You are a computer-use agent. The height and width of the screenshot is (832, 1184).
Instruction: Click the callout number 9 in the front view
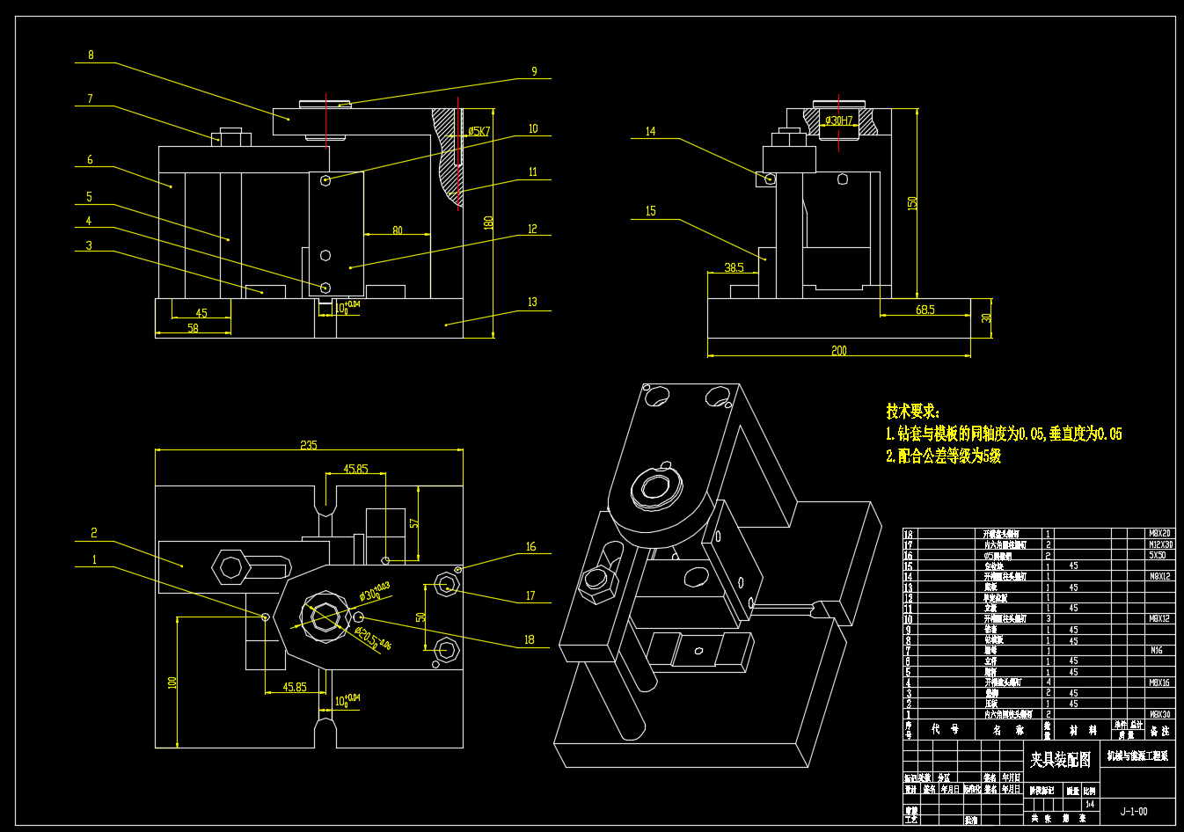coord(534,72)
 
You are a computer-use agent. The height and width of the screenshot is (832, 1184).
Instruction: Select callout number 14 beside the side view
coord(650,132)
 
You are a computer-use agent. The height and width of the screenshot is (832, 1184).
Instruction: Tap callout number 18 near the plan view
coord(530,639)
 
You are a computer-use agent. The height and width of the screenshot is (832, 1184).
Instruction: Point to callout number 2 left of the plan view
coord(94,533)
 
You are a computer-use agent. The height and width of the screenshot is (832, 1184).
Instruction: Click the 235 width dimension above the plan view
coord(308,445)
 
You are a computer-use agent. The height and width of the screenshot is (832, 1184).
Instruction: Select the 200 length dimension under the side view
coord(838,351)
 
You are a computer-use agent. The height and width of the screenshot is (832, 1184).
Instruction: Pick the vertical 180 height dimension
coord(488,222)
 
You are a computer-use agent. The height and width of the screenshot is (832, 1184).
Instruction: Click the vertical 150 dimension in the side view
coord(913,202)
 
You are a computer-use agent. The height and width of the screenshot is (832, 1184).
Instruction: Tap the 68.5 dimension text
coord(925,310)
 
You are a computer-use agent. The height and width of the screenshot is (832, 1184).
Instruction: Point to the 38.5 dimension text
coord(734,267)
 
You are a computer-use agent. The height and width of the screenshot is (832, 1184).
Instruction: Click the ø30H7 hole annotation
coord(838,120)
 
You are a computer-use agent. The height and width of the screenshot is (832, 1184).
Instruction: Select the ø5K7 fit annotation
coord(479,131)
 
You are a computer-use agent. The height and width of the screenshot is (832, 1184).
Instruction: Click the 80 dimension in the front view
coord(398,230)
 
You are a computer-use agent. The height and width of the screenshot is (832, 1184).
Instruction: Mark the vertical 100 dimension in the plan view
coord(173,681)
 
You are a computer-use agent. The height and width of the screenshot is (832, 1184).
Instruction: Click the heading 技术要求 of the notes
coord(912,411)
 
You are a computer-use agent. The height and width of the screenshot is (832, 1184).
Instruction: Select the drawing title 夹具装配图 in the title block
coord(1060,759)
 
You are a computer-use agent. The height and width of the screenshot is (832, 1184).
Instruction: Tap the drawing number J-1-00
coord(1133,811)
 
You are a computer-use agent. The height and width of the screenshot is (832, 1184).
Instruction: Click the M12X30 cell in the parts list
coord(1160,544)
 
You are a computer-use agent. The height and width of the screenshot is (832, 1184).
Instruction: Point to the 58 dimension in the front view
coord(193,328)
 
